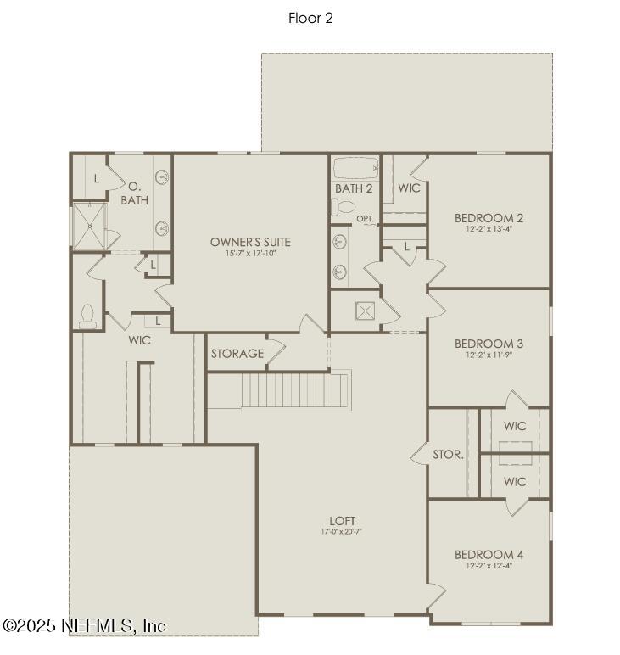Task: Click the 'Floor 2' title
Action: click(310, 18)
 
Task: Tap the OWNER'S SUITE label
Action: click(250, 242)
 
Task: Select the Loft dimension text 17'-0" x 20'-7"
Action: click(342, 532)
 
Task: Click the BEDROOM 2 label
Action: click(489, 217)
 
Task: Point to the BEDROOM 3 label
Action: click(489, 344)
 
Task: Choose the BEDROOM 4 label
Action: click(489, 555)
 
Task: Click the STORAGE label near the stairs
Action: click(237, 354)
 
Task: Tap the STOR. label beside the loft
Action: click(448, 455)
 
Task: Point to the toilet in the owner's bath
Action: click(87, 316)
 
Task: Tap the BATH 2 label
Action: click(354, 188)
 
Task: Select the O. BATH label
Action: click(134, 193)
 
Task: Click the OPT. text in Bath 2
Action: click(366, 219)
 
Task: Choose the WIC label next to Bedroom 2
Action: click(409, 188)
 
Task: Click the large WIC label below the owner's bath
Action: click(139, 340)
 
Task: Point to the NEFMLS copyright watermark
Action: click(85, 625)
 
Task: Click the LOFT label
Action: click(342, 520)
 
